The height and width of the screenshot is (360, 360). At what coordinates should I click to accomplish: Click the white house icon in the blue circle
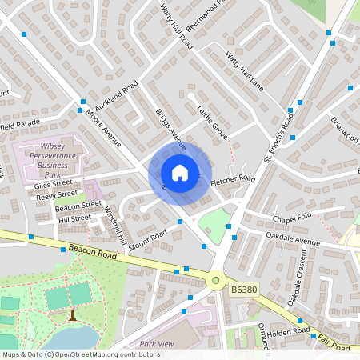click(x=180, y=173)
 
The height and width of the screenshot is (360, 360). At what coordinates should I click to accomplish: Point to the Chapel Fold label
click(x=290, y=218)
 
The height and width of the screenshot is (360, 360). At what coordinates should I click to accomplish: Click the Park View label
click(x=157, y=344)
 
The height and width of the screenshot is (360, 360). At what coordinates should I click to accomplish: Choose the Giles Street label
click(x=53, y=183)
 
